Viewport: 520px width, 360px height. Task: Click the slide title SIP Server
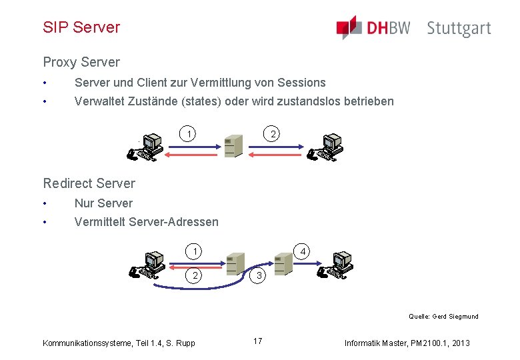point(81,27)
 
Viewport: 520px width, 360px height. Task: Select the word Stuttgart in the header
point(459,29)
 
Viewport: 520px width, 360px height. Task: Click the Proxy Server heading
point(81,62)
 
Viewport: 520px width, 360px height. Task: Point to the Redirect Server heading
point(89,183)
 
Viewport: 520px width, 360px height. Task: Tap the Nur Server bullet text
point(103,203)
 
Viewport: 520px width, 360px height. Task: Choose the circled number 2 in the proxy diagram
point(271,134)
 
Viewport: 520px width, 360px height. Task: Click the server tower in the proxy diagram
point(233,145)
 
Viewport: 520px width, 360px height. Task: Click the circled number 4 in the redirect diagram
point(303,252)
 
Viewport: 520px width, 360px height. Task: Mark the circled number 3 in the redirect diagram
point(261,276)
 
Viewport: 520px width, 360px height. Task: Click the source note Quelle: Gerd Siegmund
point(443,317)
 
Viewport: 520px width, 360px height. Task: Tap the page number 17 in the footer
point(258,341)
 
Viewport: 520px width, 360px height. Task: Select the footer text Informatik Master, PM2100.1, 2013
point(407,343)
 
